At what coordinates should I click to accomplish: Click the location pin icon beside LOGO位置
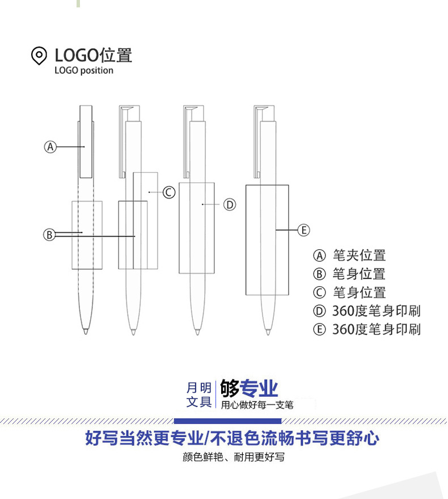point(39,56)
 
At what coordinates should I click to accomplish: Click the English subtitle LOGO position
point(84,71)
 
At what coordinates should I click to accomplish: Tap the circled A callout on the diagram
point(50,146)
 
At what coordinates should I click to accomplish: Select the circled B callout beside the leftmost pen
point(50,234)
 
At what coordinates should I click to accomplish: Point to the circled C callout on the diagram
point(168,192)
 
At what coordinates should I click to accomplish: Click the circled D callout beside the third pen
point(229,204)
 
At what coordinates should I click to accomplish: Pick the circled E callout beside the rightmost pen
point(304,230)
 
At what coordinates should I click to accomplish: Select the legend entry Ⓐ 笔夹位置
point(350,255)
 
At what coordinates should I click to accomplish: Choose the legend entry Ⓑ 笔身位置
point(350,274)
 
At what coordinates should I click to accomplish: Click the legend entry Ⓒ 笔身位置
point(350,293)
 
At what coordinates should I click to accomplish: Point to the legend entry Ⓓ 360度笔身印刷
point(367,311)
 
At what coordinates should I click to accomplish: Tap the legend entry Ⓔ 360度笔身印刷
point(367,329)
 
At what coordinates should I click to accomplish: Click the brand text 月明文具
point(199,395)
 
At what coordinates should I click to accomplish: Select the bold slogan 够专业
point(249,389)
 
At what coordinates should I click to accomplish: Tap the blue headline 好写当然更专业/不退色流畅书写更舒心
point(232,438)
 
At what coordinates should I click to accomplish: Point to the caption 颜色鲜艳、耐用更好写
point(233,457)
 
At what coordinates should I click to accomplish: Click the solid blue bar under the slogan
point(227,421)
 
